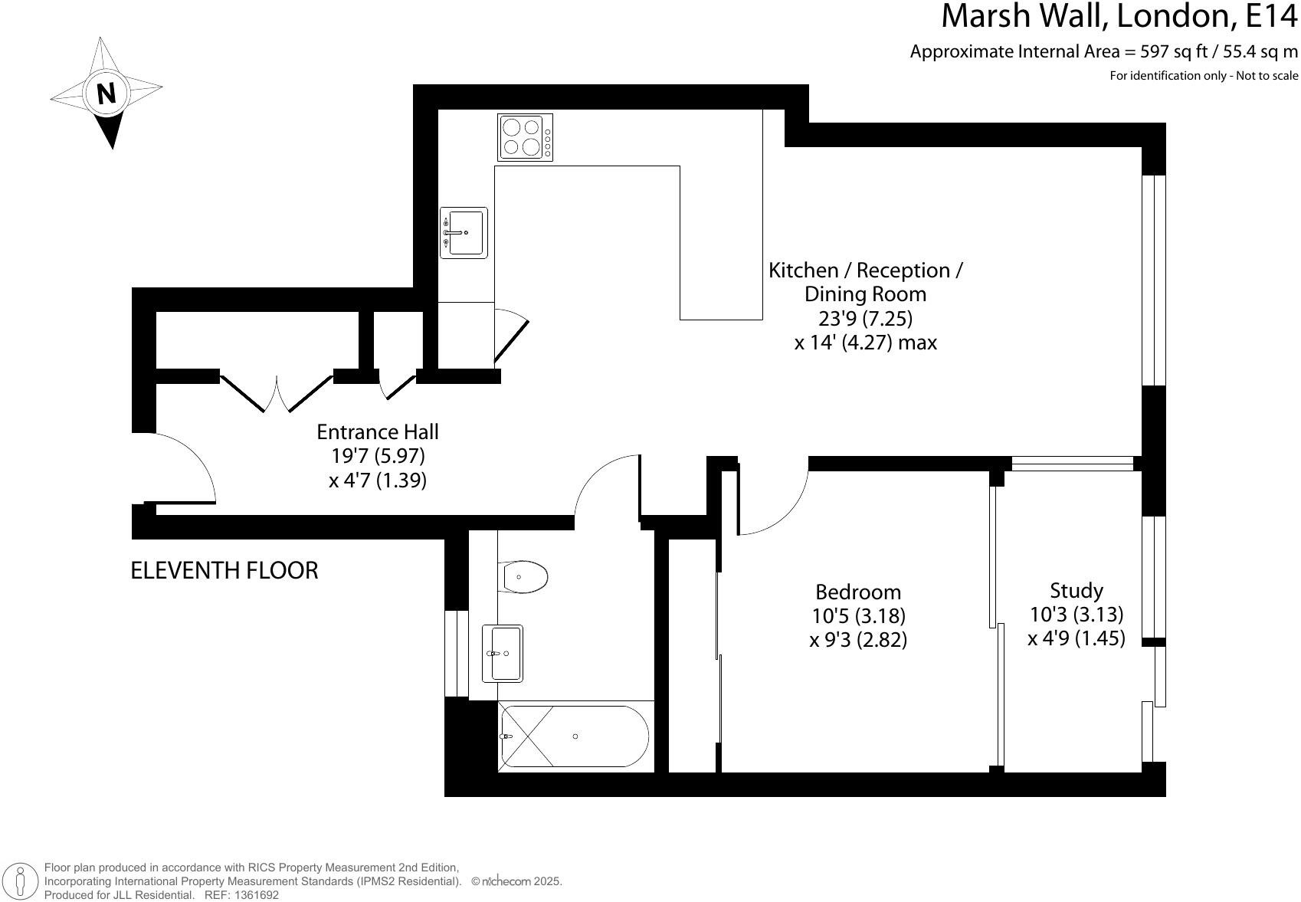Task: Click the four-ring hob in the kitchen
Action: pos(525,137)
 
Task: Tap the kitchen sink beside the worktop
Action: pos(464,232)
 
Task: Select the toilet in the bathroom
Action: pos(525,576)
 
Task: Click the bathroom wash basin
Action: pos(503,653)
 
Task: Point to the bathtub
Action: pos(575,736)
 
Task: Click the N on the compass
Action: pos(107,93)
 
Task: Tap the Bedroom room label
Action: pos(858,592)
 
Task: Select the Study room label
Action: pos(1076,590)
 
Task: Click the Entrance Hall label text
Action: pos(378,431)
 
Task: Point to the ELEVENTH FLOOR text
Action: pos(224,570)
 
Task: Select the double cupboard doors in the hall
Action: pos(277,392)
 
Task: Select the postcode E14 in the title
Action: pos(1269,15)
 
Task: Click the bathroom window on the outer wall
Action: pos(457,653)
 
